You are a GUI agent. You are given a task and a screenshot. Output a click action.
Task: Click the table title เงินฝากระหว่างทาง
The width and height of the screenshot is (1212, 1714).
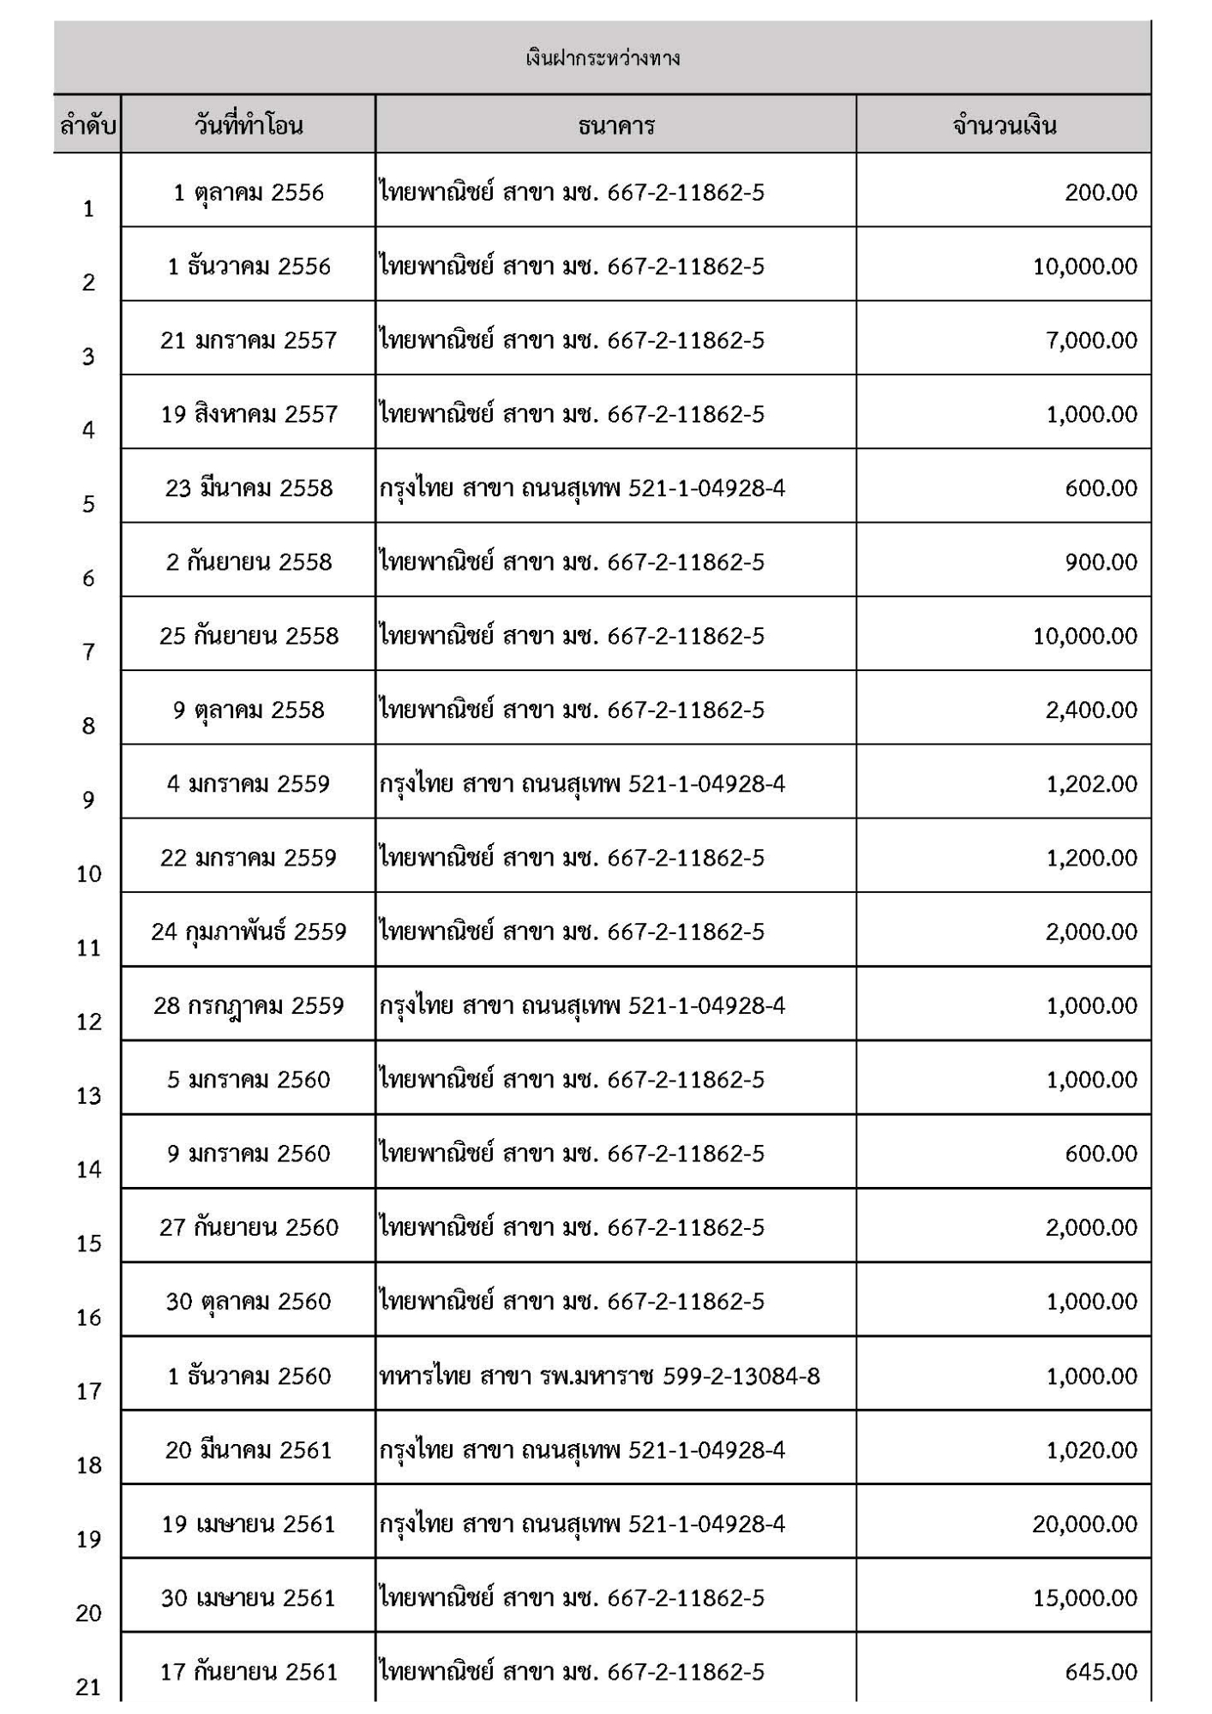pos(603,58)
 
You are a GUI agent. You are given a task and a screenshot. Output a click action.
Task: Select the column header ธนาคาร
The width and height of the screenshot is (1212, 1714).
pos(616,126)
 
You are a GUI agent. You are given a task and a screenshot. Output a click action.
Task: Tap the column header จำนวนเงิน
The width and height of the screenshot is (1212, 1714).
pos(1004,126)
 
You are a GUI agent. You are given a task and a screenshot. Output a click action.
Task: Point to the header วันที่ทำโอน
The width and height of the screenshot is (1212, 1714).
pos(249,126)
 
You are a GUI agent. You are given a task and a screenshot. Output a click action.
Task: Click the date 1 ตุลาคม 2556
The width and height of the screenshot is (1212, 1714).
pos(249,192)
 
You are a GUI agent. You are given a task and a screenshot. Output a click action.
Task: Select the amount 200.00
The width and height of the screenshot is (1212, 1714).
pos(1101,192)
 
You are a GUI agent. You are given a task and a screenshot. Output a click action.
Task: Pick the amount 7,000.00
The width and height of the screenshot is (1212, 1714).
pos(1091,340)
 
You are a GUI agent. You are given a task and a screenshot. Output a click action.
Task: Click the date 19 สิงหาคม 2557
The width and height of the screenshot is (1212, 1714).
pos(249,414)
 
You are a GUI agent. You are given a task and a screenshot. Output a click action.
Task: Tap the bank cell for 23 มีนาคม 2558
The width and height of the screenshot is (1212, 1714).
pos(583,488)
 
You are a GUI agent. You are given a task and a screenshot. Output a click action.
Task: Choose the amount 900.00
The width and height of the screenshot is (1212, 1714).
pos(1101,562)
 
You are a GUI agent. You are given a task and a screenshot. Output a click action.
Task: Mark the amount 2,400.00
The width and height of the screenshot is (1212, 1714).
pos(1091,710)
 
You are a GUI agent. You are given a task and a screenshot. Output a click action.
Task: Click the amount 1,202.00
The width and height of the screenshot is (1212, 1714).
pos(1091,784)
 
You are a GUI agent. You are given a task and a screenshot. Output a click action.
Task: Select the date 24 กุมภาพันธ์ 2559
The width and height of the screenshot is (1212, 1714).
pos(249,932)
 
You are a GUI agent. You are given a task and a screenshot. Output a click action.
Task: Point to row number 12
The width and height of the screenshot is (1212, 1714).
pos(88,1022)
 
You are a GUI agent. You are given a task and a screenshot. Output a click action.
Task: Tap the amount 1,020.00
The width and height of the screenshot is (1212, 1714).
pos(1091,1450)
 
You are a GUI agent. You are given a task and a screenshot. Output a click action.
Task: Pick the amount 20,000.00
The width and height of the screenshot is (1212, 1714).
pos(1085,1524)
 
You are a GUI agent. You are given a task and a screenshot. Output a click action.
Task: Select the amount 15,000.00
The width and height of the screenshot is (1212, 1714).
pos(1085,1597)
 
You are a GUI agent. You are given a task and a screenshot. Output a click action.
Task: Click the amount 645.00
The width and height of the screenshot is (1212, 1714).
pos(1101,1671)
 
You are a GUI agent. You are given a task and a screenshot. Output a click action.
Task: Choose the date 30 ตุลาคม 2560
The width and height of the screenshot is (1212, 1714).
pos(249,1302)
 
